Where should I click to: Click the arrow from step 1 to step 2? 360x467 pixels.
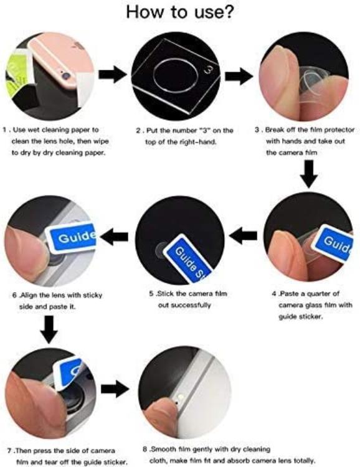click(x=112, y=75)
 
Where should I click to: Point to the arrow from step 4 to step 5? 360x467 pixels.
click(x=244, y=235)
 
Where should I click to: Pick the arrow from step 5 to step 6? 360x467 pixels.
click(x=114, y=236)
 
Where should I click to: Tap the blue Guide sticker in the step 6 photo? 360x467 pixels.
click(x=74, y=237)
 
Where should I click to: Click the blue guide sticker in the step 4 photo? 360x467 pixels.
click(x=333, y=242)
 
